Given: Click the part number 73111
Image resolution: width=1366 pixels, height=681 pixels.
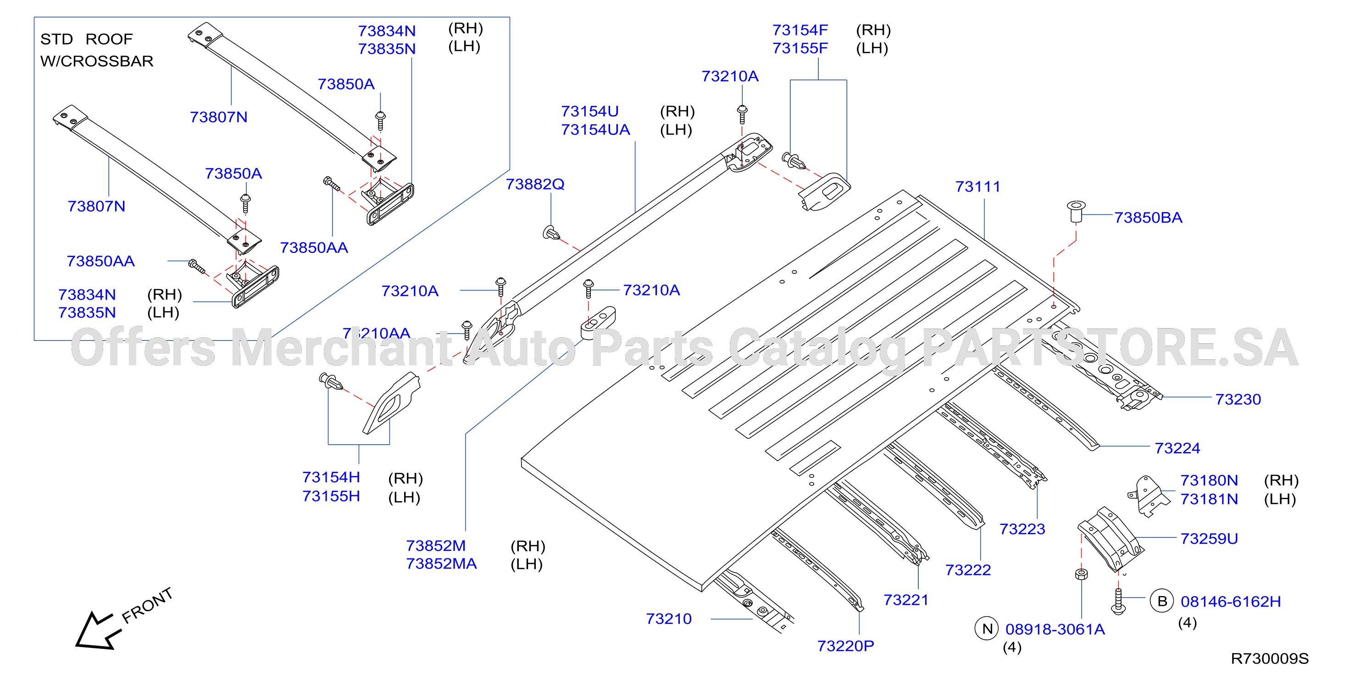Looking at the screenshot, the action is pos(977,187).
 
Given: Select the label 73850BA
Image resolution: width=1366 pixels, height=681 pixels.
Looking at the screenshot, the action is pos(1148,218).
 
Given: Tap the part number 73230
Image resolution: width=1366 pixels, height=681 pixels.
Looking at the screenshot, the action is pos(1238,399).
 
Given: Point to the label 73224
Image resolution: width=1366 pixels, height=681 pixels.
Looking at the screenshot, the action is pos(1177,448).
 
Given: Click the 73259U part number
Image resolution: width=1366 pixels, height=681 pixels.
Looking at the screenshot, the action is pos(1209,538).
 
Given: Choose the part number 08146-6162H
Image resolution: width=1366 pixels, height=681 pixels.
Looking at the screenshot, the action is pos(1230,602).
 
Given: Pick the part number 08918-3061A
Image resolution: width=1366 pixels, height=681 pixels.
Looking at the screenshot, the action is pos(1055,629).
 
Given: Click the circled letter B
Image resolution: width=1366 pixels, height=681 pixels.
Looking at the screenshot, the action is pos(1161,601).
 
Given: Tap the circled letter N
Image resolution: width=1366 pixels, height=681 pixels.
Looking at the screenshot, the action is pos(986,629).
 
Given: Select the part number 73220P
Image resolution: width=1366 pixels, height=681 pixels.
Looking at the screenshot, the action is pos(845,646).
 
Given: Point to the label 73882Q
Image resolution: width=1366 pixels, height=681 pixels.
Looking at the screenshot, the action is pos(534,184).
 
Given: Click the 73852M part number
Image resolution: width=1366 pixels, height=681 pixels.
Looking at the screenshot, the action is pos(435,546).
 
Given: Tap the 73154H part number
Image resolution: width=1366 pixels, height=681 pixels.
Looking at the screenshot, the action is pos(331,477).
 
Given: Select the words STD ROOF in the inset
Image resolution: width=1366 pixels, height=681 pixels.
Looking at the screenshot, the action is pos(86,39).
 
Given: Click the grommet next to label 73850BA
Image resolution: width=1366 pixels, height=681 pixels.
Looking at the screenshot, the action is pos(1076,211).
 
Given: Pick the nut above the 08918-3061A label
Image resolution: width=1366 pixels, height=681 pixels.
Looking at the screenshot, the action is pos(1081,574).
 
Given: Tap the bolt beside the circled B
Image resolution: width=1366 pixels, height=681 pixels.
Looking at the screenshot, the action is pos(1118,601).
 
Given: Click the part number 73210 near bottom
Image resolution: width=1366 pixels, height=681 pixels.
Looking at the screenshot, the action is pos(668,619).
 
